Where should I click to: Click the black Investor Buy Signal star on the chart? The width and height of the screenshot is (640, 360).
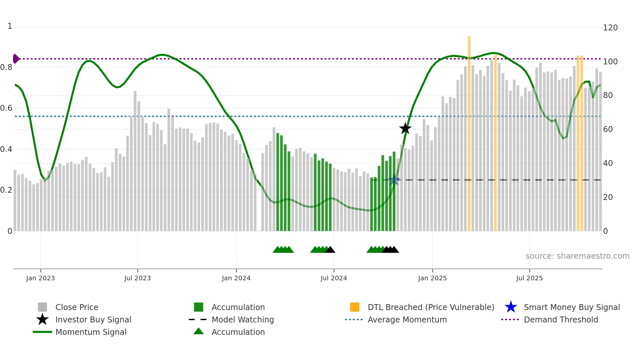tap(405, 128)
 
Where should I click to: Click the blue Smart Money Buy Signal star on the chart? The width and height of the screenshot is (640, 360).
tap(394, 180)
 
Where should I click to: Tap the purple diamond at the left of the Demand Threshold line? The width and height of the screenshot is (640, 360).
tap(16, 59)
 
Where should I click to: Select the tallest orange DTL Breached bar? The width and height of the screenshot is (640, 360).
tap(469, 131)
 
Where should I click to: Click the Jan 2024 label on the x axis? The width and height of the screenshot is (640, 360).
tap(236, 278)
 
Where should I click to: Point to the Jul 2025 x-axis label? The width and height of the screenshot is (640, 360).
tap(529, 278)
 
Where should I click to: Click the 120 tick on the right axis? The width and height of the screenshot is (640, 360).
tap(610, 28)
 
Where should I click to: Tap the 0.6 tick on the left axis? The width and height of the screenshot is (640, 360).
tap(6, 108)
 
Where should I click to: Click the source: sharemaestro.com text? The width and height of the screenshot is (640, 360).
tap(577, 256)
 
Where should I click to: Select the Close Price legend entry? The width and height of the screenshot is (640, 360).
tap(76, 307)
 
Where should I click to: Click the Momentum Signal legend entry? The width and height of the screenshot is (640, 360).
tap(90, 332)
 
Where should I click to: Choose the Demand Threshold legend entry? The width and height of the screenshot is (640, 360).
tap(561, 319)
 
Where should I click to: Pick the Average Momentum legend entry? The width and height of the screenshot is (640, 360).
tap(407, 319)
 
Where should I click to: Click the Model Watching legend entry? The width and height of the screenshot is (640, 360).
tap(242, 319)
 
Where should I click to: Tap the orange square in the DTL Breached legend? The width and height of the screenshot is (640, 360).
tap(355, 307)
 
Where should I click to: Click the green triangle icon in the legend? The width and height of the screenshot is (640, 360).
tap(199, 331)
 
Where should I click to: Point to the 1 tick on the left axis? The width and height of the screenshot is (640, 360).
tap(10, 26)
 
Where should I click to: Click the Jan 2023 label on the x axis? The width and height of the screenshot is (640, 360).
tap(40, 278)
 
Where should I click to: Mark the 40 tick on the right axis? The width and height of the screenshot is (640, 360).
tap(608, 163)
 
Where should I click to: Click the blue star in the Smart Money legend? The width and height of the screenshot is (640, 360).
tap(511, 307)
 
